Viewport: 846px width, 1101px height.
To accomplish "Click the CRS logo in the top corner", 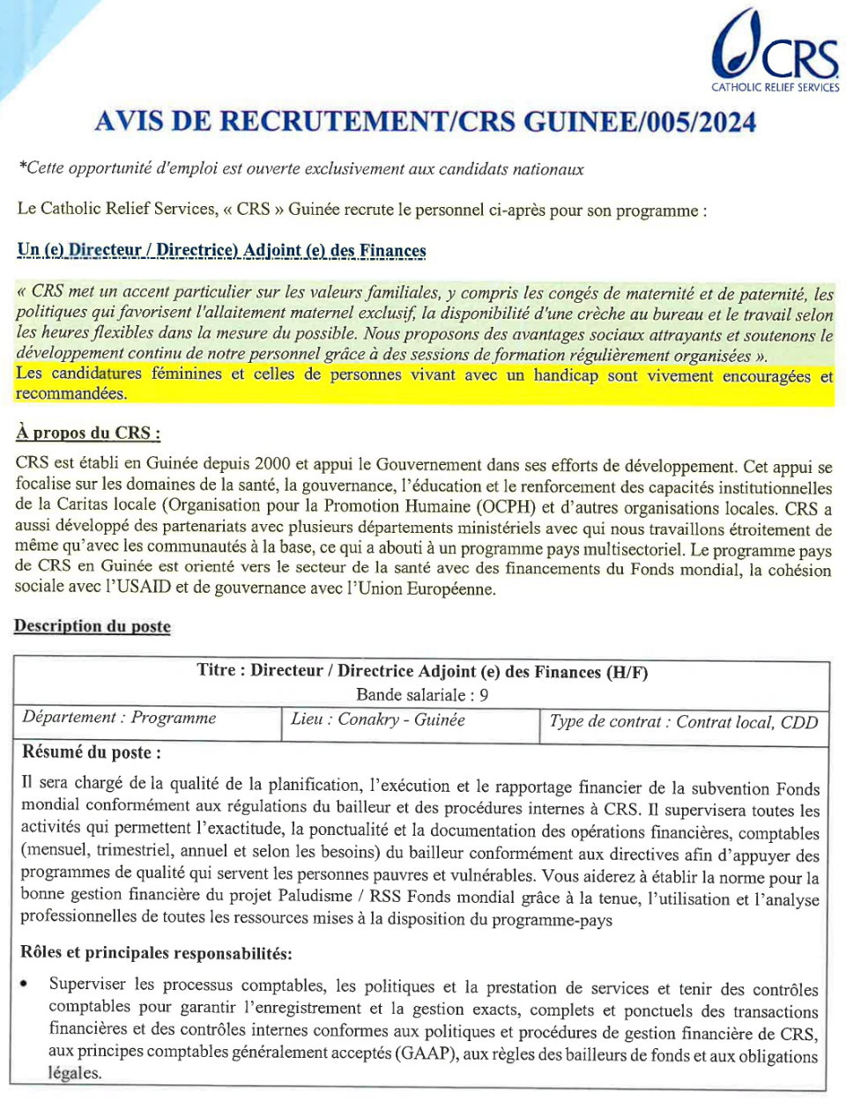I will [774, 46].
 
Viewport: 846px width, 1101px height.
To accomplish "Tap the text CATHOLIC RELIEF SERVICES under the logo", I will [775, 87].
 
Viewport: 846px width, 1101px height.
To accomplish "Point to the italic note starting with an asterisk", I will [301, 169].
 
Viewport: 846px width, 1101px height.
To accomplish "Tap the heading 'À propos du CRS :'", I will [88, 432].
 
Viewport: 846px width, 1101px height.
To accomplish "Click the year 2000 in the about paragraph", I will [271, 464].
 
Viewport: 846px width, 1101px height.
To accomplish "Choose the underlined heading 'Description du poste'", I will [93, 626].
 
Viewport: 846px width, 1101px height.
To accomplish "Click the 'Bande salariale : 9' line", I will [422, 694].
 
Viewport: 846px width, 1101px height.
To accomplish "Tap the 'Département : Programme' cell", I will [119, 718].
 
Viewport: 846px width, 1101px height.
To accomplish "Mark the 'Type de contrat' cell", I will [683, 722].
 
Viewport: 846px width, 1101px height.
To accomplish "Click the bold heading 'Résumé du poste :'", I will [91, 752].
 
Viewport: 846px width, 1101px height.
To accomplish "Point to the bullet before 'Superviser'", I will [24, 984].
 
